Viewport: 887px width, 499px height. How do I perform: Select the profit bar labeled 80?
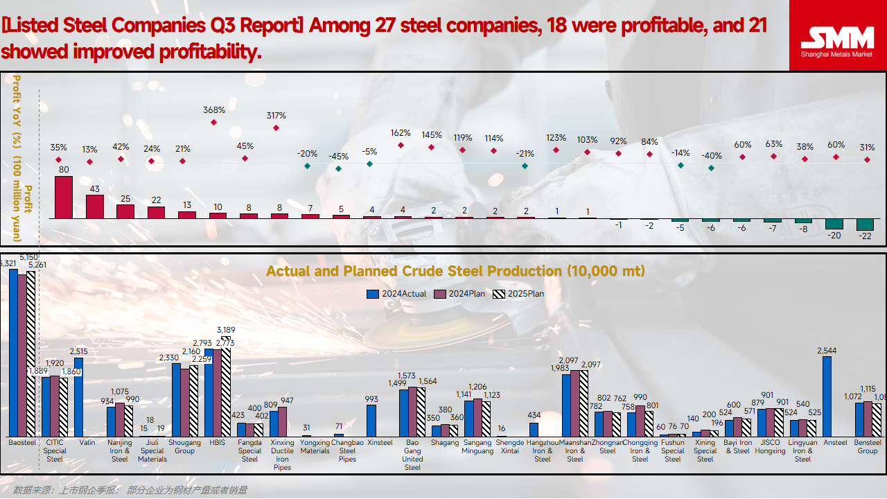pos(64,198)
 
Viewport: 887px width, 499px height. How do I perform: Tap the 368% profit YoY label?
pos(214,110)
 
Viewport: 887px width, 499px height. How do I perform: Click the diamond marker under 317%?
pos(276,128)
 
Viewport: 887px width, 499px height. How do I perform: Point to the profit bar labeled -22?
pos(865,225)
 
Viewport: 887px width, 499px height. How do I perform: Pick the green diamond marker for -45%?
pos(338,168)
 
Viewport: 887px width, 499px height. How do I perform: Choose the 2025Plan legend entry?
pos(517,294)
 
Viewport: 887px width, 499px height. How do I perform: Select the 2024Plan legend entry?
pos(458,294)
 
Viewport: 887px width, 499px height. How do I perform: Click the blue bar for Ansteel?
pos(827,396)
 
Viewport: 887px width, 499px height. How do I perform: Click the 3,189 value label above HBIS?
pos(226,329)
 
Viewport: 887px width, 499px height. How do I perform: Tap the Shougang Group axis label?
pos(184,446)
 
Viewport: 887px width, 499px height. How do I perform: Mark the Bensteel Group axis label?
pos(868,446)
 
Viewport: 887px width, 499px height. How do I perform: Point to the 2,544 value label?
pos(827,351)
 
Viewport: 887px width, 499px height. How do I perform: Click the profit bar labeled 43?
pos(95,207)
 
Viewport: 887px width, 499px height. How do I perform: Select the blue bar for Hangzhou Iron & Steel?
pos(534,429)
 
